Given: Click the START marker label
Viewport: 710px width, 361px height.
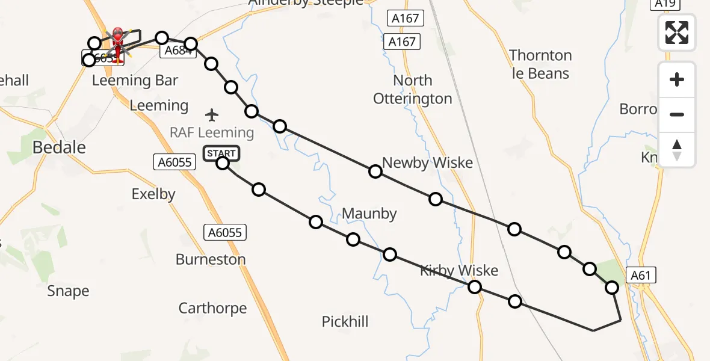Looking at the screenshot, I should point(221,153).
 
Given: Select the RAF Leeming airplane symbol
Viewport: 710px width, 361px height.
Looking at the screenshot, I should point(212,114).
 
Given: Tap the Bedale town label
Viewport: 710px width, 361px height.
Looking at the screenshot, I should point(59,147).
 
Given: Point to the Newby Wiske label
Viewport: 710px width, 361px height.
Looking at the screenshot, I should point(427,162).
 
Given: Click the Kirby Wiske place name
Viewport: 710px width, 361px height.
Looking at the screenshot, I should point(460,270).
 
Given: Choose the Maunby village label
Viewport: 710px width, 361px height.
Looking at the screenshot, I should point(369,213).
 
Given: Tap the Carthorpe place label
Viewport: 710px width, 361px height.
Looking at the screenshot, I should point(212,308).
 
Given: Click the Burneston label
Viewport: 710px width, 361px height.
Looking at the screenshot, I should point(211,259).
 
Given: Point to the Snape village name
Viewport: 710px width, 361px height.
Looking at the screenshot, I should point(68,291).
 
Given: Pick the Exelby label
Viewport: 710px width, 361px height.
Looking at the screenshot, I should point(153,194).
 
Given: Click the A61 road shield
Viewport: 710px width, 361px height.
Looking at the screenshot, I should point(641,276).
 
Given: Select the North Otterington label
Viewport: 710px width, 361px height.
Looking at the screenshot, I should point(413,89).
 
